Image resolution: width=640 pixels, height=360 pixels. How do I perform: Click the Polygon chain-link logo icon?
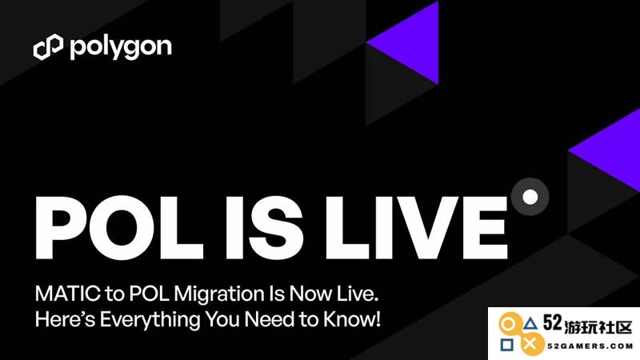tap(48, 47)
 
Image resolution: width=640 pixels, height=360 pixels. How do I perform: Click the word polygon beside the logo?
tap(121, 48)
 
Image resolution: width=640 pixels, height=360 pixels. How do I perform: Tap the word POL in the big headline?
tap(119, 227)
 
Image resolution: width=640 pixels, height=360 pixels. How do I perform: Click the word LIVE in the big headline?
tap(416, 227)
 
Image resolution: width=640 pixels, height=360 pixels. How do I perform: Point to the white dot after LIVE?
tap(530, 197)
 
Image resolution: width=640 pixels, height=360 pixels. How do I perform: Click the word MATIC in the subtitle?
tap(68, 294)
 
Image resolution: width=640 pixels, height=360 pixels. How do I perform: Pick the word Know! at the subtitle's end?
tap(352, 318)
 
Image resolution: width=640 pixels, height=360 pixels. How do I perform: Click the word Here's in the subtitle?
tap(65, 318)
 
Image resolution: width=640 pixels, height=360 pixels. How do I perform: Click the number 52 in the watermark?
tap(553, 324)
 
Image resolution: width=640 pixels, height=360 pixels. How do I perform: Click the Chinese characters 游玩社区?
tap(598, 327)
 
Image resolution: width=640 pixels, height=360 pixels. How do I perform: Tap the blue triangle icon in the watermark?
tap(530, 324)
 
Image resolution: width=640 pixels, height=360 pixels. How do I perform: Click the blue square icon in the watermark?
tap(507, 345)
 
